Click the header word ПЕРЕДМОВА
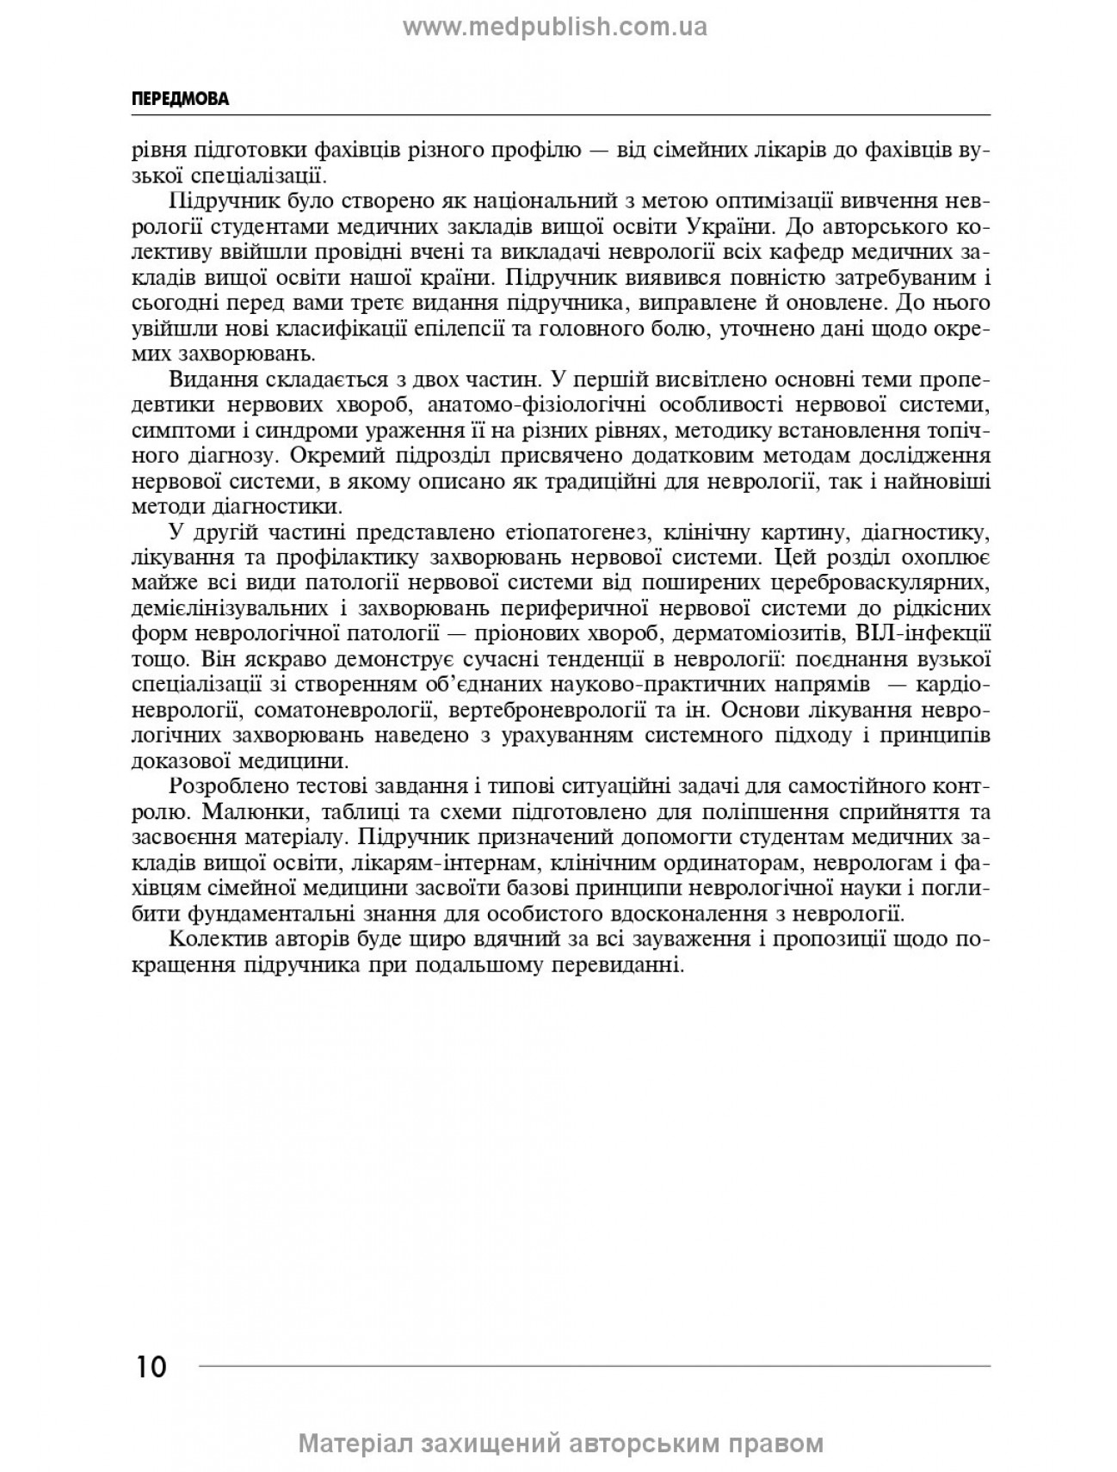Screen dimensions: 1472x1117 180,99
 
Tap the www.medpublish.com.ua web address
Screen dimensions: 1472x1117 555,28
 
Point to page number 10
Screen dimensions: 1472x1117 151,1365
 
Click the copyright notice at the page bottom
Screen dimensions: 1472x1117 560,1443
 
